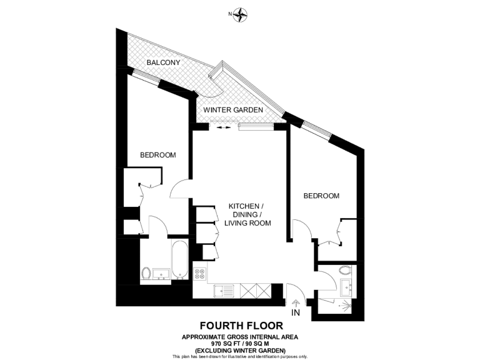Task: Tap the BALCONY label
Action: [163, 62]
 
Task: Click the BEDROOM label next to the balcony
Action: [157, 155]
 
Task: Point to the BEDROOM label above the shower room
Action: [321, 196]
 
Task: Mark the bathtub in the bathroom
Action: [178, 259]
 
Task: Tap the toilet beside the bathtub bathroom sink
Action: [146, 273]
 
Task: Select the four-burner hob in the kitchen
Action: [201, 272]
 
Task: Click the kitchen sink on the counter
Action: [223, 290]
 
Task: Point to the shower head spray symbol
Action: [344, 306]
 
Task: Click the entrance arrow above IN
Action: [295, 302]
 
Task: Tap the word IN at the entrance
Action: [295, 312]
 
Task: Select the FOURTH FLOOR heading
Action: [240, 325]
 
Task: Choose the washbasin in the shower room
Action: [346, 288]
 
